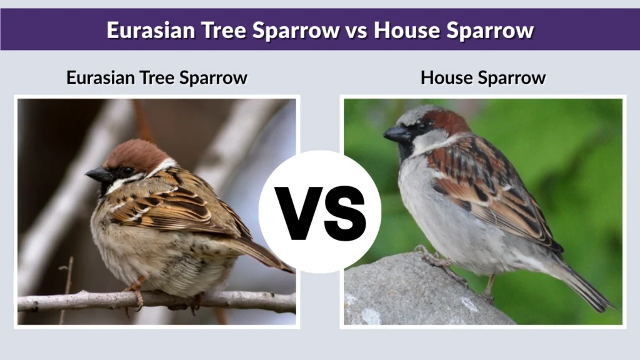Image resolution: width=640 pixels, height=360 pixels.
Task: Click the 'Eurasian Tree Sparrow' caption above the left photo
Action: click(x=157, y=78)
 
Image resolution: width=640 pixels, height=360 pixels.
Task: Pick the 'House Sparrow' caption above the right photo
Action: click(x=483, y=78)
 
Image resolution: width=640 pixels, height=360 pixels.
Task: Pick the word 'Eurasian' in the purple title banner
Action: click(x=145, y=30)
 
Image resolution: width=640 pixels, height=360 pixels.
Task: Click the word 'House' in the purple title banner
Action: click(x=409, y=30)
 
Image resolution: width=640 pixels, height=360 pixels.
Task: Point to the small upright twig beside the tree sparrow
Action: click(x=66, y=281)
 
